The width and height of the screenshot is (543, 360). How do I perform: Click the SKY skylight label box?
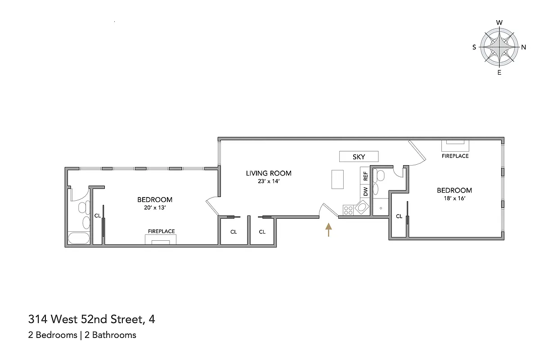[x=359, y=157]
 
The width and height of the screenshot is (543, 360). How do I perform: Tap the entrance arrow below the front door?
[x=328, y=229]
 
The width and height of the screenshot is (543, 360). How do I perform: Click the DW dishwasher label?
[x=365, y=191]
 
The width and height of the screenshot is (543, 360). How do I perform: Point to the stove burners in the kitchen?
[x=348, y=209]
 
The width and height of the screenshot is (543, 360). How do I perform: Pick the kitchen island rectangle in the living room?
[x=338, y=179]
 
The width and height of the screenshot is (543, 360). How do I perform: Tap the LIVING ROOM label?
[x=268, y=173]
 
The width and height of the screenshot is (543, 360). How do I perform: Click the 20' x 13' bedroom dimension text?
[x=155, y=208]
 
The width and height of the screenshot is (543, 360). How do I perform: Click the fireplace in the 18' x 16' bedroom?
[x=455, y=145]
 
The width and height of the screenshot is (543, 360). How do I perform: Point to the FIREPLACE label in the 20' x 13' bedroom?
[x=161, y=231]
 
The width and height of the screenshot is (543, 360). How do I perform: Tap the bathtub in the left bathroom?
[x=79, y=238]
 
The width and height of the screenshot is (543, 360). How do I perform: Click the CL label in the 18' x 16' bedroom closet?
[x=399, y=216]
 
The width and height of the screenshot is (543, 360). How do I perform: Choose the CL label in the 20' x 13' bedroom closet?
[x=97, y=216]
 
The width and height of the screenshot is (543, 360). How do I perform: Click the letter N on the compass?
[x=524, y=47]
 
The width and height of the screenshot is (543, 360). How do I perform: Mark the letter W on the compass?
[x=499, y=22]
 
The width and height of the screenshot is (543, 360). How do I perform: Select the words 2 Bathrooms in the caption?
[x=114, y=335]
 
